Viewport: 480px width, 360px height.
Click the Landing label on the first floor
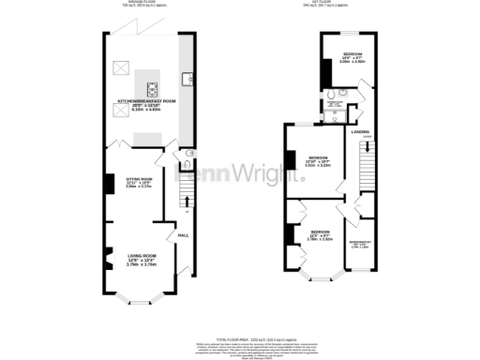[x=360, y=132]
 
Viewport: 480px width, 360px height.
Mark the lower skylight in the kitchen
[x=119, y=111]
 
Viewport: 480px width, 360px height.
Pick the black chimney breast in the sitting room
[x=110, y=183]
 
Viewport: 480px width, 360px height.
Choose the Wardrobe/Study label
[x=360, y=246]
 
